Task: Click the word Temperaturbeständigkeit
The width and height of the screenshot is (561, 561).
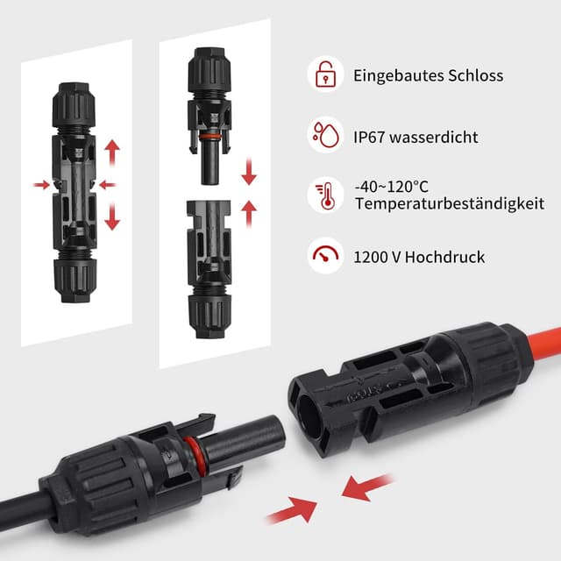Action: pos(450,204)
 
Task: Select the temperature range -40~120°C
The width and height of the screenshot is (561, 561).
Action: pos(392,186)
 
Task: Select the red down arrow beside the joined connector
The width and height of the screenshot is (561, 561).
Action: pos(111,215)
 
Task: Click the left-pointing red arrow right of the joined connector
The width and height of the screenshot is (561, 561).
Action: pos(108,185)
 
